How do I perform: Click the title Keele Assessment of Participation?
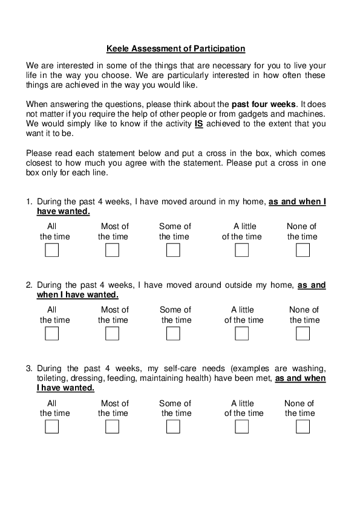click(x=175, y=48)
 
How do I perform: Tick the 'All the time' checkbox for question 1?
click(x=52, y=250)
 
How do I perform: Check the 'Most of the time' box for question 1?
click(x=113, y=250)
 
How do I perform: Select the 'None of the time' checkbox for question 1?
click(x=303, y=250)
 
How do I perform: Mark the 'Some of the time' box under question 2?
click(x=173, y=333)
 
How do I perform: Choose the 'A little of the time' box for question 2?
click(x=242, y=333)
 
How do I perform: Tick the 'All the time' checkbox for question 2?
click(x=52, y=333)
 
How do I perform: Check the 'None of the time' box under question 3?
click(x=303, y=427)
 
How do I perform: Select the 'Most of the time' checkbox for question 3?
click(x=113, y=427)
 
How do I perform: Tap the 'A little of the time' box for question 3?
click(x=242, y=427)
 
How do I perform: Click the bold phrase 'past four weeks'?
click(x=264, y=104)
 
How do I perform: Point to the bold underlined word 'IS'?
click(x=198, y=124)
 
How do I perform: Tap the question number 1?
click(x=28, y=202)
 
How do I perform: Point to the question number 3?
click(x=28, y=368)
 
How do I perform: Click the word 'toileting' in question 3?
click(x=52, y=378)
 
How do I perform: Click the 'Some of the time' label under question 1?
click(x=174, y=232)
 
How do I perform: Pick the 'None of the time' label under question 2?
click(x=304, y=314)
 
